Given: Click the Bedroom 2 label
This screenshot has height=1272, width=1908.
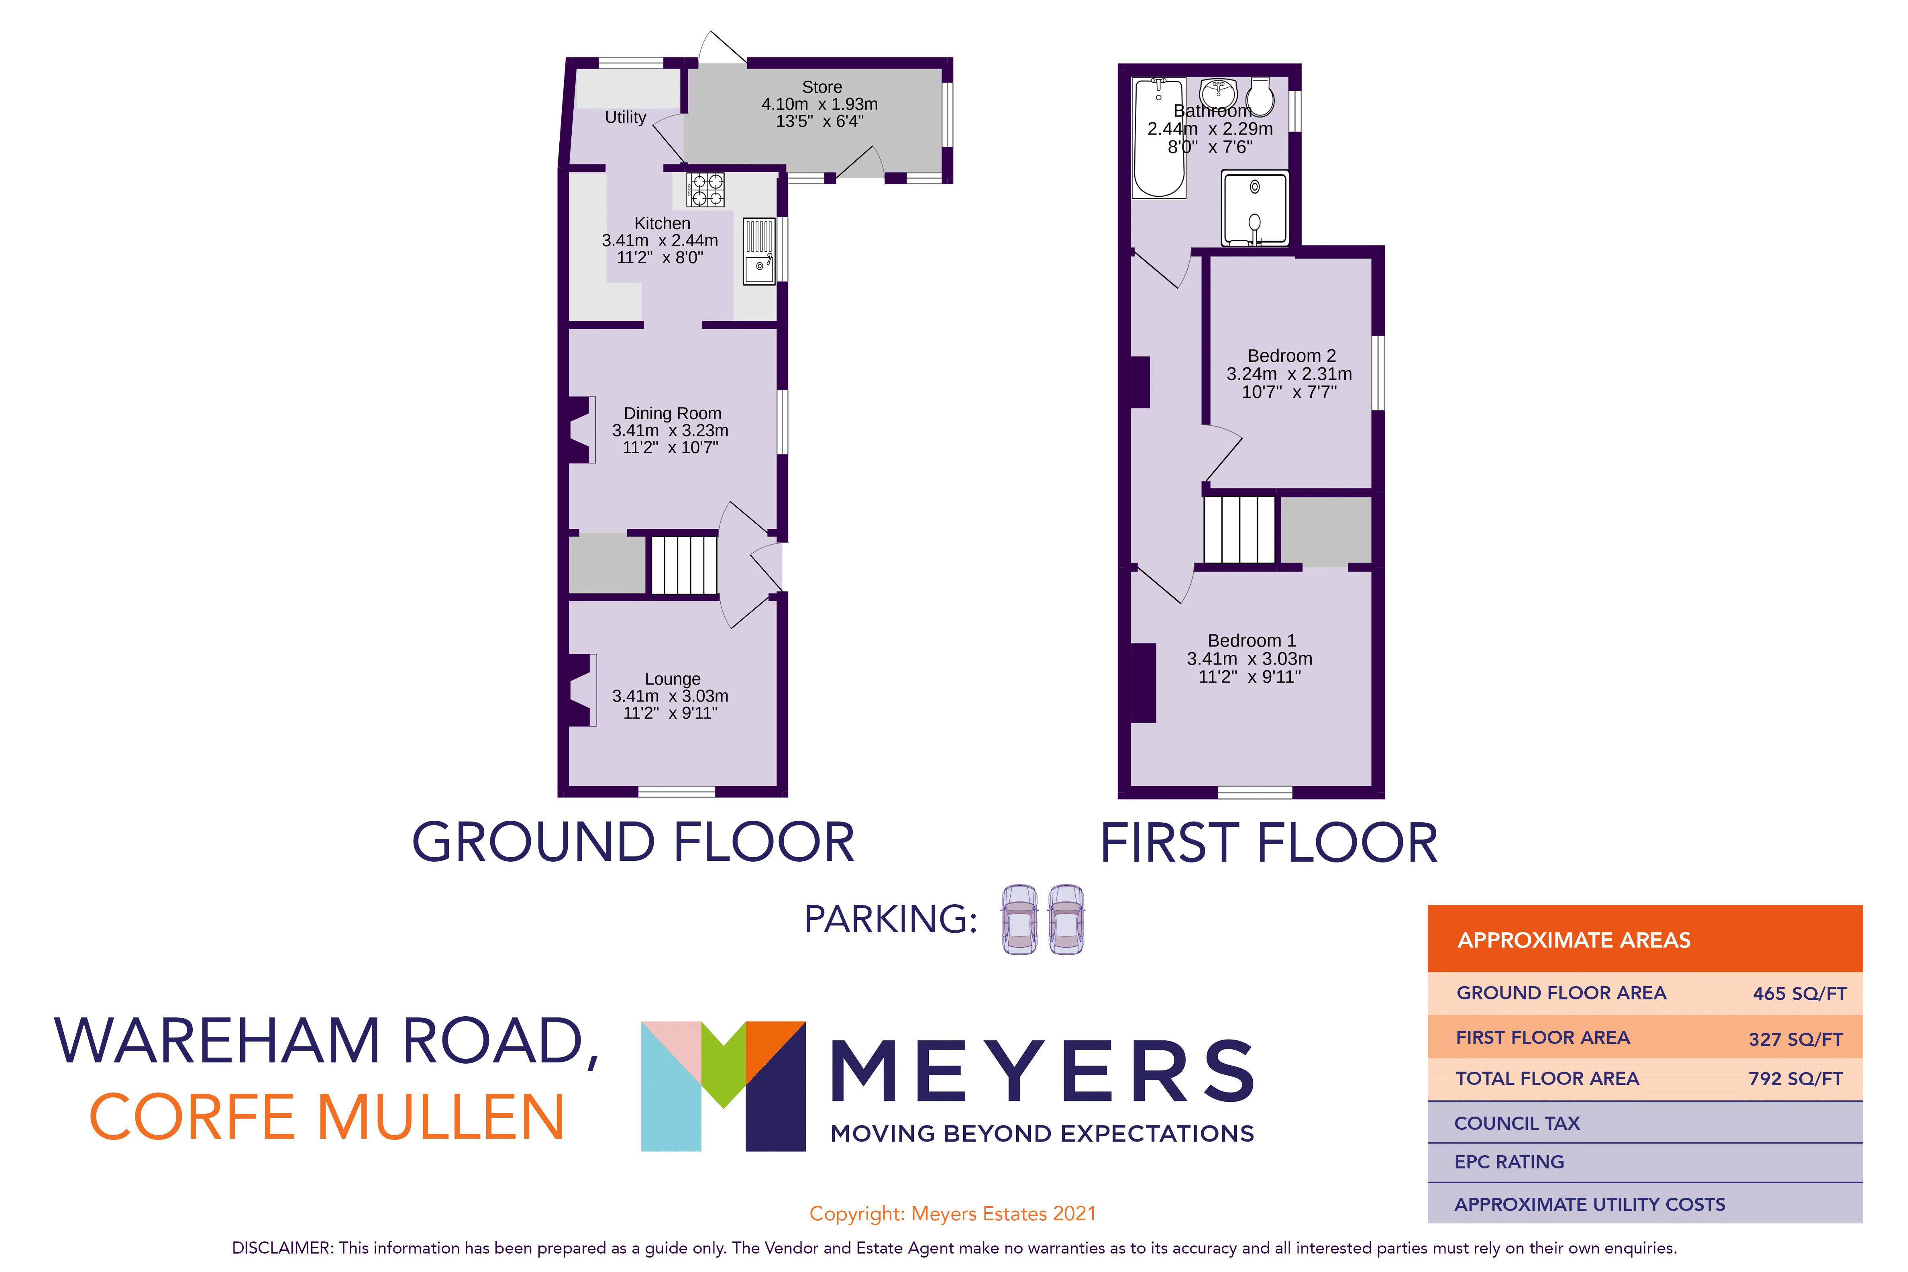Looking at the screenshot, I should tap(1291, 355).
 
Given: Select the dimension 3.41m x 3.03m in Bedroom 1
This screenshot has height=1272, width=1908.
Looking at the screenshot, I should tap(1249, 659).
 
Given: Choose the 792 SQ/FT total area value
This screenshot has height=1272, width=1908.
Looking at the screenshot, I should tap(1795, 1079).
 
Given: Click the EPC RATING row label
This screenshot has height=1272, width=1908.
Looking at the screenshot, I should tap(1509, 1162).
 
